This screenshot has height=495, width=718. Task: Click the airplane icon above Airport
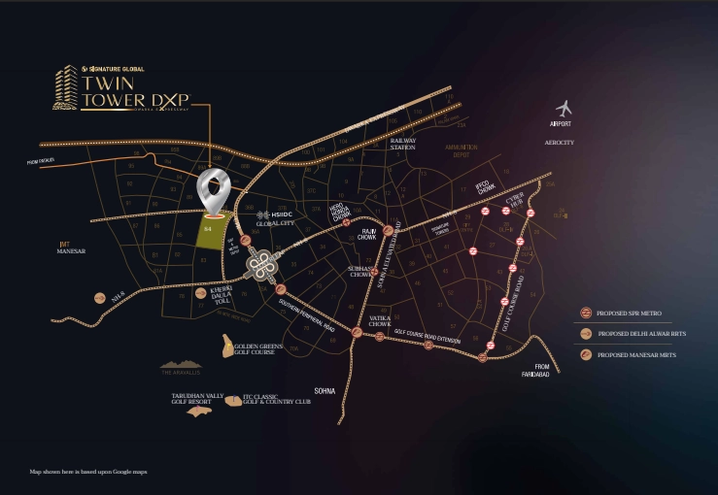pos(563,109)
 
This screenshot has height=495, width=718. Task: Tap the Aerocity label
pos(561,143)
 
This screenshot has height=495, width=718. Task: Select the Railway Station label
pos(402,144)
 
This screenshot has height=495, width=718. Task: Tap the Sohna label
pos(324,390)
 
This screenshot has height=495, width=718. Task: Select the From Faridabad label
pos(535,370)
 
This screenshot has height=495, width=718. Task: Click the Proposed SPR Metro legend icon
pos(586,313)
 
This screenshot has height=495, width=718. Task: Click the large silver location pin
pos(214,190)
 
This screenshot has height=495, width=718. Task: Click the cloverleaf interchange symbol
pos(259,263)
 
